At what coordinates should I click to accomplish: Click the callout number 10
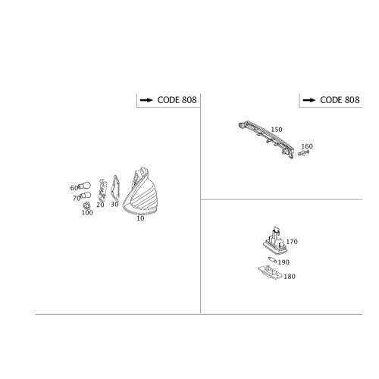pyautogui.click(x=140, y=218)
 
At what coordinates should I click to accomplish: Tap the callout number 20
pyautogui.click(x=100, y=205)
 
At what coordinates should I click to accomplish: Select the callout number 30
pyautogui.click(x=114, y=205)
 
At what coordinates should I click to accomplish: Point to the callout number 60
pyautogui.click(x=74, y=188)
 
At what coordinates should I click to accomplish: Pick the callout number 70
pyautogui.click(x=77, y=199)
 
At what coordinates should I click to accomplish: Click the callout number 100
pyautogui.click(x=87, y=213)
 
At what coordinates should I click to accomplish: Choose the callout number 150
pyautogui.click(x=277, y=130)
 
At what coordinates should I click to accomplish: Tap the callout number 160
pyautogui.click(x=307, y=146)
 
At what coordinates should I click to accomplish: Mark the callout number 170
pyautogui.click(x=292, y=242)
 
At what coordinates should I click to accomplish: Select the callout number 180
pyautogui.click(x=290, y=277)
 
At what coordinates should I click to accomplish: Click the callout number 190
pyautogui.click(x=283, y=262)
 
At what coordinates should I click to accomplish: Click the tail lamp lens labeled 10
pyautogui.click(x=141, y=192)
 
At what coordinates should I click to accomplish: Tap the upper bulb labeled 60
pyautogui.click(x=84, y=186)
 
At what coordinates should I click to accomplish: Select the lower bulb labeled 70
pyautogui.click(x=86, y=196)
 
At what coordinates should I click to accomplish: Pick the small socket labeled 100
pyautogui.click(x=86, y=205)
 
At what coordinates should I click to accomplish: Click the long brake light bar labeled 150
pyautogui.click(x=266, y=139)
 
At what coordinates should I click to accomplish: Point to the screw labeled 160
pyautogui.click(x=303, y=152)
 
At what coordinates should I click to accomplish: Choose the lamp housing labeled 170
pyautogui.click(x=275, y=241)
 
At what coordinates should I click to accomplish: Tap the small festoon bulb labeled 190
pyautogui.click(x=272, y=259)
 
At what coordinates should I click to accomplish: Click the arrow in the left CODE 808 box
pyautogui.click(x=146, y=100)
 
